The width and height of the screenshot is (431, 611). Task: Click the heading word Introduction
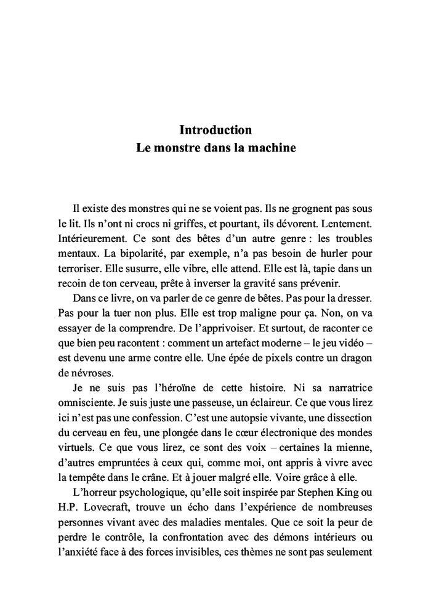point(216,130)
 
